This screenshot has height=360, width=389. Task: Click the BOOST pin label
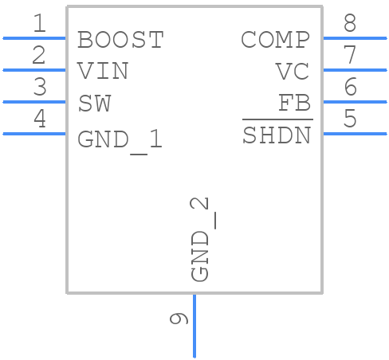click(120, 39)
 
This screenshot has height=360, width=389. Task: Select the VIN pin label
click(103, 71)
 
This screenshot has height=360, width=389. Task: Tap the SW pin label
click(94, 104)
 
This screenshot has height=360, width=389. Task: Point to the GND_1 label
click(120, 140)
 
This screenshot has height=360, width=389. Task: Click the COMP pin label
click(275, 39)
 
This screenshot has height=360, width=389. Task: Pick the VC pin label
click(292, 72)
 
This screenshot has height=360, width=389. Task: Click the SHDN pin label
click(277, 135)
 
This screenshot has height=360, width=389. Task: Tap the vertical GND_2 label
click(201, 239)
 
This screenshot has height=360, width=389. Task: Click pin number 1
click(39, 24)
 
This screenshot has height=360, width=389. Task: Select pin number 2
click(39, 56)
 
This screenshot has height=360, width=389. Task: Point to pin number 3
click(39, 88)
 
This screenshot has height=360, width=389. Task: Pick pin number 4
click(39, 119)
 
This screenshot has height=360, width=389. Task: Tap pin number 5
click(350, 119)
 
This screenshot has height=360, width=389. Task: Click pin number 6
click(350, 88)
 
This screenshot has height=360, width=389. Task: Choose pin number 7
click(350, 56)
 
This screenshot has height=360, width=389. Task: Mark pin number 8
click(350, 24)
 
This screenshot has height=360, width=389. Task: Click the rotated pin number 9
click(179, 319)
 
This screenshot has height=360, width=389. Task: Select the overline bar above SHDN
click(277, 119)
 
